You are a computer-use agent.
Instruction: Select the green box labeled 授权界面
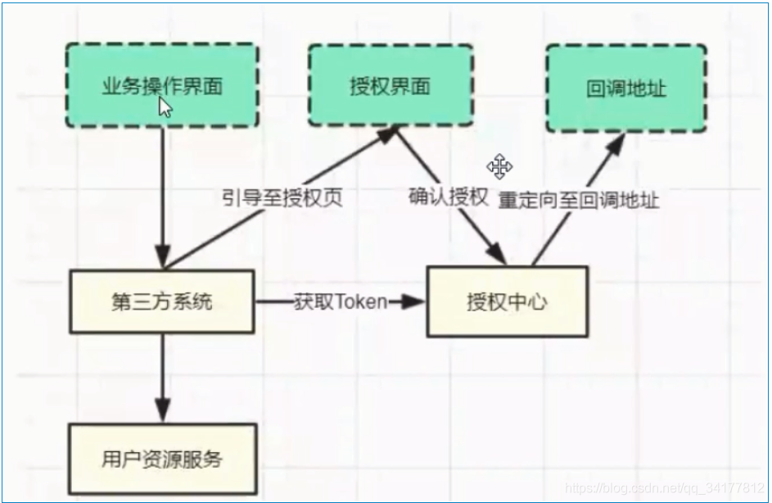[390, 85]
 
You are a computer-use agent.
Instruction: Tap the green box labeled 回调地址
[625, 88]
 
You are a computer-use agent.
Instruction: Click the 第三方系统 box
[161, 301]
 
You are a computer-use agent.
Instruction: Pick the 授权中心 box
[507, 301]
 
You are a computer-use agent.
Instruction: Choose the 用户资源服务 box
[162, 458]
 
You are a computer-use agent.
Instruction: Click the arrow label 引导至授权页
[282, 198]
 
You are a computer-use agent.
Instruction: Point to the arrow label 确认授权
[449, 197]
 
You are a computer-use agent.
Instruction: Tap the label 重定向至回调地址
[578, 199]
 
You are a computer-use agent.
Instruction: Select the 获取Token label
[339, 301]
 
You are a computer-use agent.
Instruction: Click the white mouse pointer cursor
[165, 107]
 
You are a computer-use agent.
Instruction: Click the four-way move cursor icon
[499, 166]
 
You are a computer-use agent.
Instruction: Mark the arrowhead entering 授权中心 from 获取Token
[416, 301]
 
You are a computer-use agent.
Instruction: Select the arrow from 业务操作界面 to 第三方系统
[162, 197]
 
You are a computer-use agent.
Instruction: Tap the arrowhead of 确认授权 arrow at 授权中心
[500, 255]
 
